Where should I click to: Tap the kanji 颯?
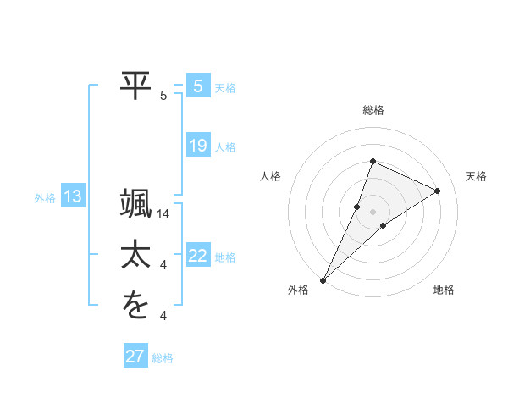tap(136, 207)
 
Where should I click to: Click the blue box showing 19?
tap(198, 146)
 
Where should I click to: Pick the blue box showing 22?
tap(198, 256)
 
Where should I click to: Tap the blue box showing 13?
tap(73, 197)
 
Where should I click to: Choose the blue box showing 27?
tap(135, 357)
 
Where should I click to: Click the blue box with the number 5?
tap(198, 86)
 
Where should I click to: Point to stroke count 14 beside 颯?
tap(164, 215)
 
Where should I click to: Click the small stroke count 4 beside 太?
tap(163, 266)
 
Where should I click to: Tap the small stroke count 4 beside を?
tap(163, 316)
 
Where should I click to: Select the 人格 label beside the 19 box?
tap(225, 147)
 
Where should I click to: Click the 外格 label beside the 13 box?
tap(45, 198)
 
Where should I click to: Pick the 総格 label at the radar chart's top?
tap(373, 110)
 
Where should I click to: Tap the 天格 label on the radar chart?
tap(477, 176)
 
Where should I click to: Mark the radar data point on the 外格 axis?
tap(323, 279)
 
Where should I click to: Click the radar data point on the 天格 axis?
tap(438, 191)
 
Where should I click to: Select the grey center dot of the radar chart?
tap(373, 211)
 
